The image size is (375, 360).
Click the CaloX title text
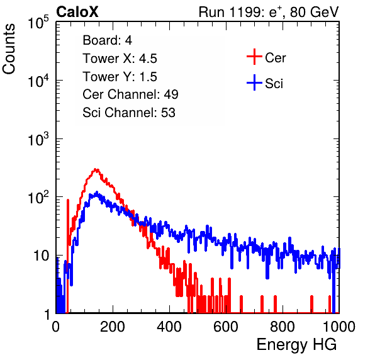point(77,12)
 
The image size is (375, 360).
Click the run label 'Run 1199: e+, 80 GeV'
point(269,12)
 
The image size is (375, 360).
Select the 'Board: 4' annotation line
point(107,40)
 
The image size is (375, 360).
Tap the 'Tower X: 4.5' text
point(120,59)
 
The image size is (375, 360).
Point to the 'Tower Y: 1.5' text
point(120,77)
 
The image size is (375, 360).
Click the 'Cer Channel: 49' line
point(130,94)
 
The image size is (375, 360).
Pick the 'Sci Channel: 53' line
point(129,113)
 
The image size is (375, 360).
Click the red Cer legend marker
point(254,57)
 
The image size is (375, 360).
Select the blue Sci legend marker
point(254,82)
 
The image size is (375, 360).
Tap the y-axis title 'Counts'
point(9,48)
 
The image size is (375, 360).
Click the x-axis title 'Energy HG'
point(296,345)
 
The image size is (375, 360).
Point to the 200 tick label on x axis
point(113,327)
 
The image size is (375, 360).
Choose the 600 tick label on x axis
point(226,327)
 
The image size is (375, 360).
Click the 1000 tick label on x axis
point(339,327)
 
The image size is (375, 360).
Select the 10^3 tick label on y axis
point(38,138)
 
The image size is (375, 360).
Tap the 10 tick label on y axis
point(41,256)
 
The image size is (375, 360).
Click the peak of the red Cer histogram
point(96,169)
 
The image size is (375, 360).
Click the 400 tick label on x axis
point(169,327)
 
